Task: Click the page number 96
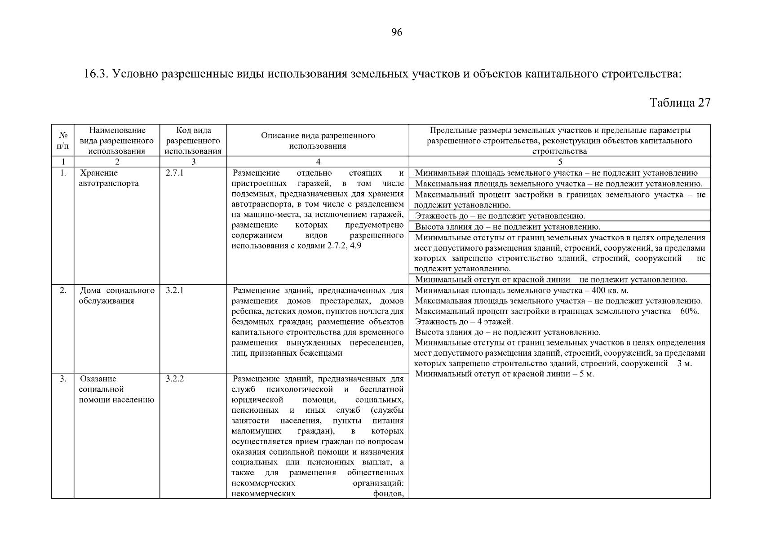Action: click(397, 32)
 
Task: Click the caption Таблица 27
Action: click(680, 103)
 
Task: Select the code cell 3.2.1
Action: click(175, 291)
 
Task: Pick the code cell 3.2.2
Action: click(175, 379)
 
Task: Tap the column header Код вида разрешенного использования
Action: click(193, 141)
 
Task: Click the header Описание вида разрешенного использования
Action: click(318, 141)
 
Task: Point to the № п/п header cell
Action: click(63, 141)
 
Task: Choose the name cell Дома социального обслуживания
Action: click(117, 296)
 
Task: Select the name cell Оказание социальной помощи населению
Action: click(116, 389)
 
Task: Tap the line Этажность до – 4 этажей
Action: click(464, 322)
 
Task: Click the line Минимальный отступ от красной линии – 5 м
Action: click(504, 374)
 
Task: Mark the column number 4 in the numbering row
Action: click(318, 162)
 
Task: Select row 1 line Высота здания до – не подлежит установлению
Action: click(507, 227)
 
